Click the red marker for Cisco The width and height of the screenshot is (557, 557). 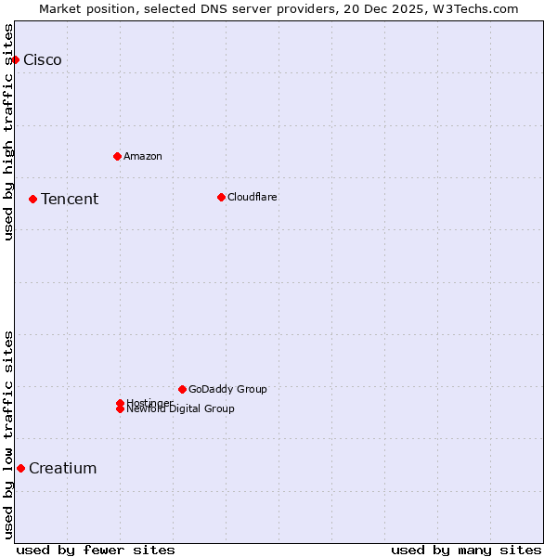click(15, 59)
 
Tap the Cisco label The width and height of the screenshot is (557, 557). click(43, 60)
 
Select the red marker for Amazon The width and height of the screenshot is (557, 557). click(117, 156)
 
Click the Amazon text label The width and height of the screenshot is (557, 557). click(143, 156)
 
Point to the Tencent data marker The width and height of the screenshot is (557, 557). click(32, 199)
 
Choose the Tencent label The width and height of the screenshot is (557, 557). click(70, 200)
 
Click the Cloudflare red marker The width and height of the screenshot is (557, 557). click(221, 197)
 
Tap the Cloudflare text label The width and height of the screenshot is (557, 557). click(253, 197)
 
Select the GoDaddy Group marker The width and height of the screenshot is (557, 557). click(182, 389)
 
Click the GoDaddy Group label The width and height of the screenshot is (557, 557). click(227, 389)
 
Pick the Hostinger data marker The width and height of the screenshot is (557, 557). click(120, 403)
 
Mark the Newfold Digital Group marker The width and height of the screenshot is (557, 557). click(120, 409)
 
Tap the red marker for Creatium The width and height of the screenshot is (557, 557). click(20, 468)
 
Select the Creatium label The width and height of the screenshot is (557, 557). click(63, 469)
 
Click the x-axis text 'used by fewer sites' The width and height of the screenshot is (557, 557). click(96, 551)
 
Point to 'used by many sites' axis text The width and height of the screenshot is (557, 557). click(466, 551)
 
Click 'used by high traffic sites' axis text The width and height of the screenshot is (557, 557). click(8, 132)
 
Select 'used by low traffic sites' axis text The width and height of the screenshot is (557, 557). click(8, 434)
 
